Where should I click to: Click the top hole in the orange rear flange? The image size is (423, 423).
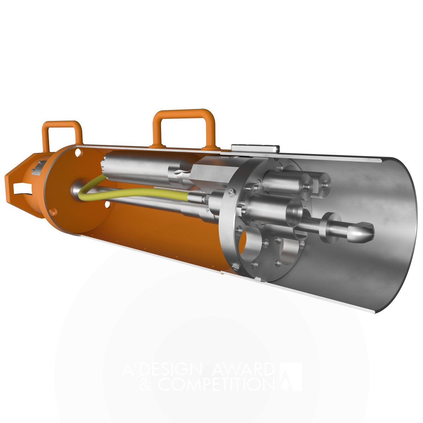[x=77, y=153]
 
